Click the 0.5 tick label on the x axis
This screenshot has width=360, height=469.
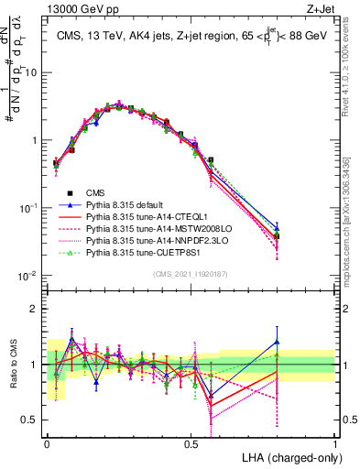[191, 443]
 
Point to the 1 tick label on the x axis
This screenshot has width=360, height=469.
[335, 443]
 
